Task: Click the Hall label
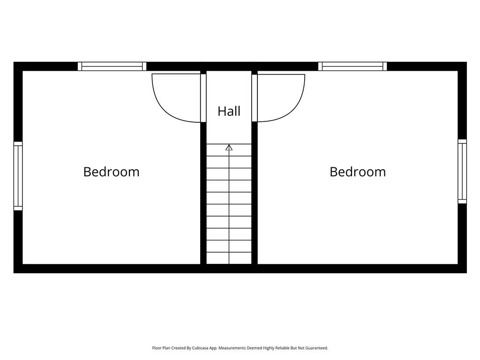(229, 111)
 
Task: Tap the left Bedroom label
(112, 172)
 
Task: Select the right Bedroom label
(358, 172)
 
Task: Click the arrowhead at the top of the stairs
(229, 148)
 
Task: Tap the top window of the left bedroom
(112, 67)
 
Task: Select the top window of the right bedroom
(352, 67)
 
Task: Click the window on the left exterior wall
(18, 176)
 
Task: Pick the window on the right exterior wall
(462, 172)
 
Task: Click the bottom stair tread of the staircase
(229, 258)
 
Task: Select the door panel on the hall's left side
(203, 98)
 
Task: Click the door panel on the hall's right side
(255, 98)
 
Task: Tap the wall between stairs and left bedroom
(203, 193)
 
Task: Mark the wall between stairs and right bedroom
(255, 193)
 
